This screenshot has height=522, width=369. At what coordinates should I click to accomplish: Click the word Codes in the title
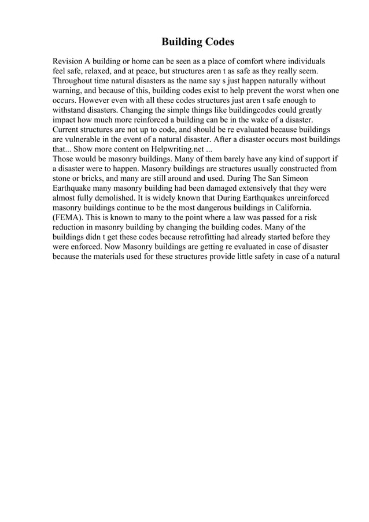214,42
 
